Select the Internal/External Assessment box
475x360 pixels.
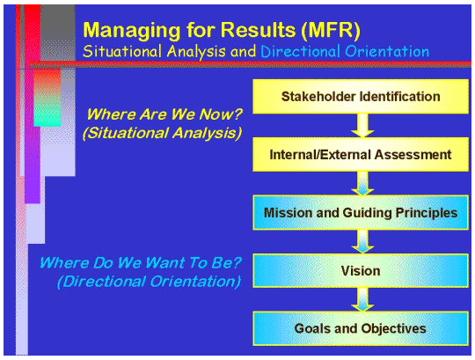(360, 155)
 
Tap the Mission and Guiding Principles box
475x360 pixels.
(360, 212)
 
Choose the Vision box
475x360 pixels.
(360, 270)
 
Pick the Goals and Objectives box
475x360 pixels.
(360, 328)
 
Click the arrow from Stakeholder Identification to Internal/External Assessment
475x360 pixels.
(360, 126)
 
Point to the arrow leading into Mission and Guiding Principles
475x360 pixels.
(360, 184)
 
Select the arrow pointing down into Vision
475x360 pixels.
(360, 241)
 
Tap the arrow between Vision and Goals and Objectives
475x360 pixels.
(360, 299)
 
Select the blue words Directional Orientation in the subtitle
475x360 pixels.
(345, 51)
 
